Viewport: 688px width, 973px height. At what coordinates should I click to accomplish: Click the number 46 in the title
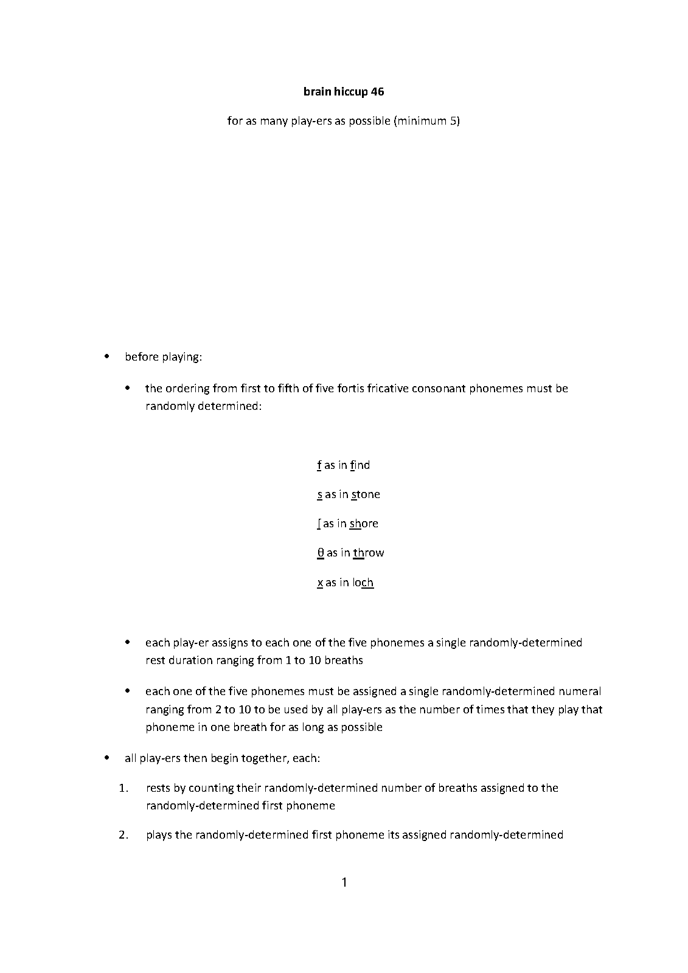377,92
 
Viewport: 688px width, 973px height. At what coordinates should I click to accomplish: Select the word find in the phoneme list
360,465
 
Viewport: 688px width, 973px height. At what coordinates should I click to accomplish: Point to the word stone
366,494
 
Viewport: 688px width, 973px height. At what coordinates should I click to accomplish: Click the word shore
364,524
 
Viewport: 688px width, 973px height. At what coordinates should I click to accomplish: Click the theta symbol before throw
321,553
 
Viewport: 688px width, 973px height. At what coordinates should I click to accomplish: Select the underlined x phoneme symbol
320,583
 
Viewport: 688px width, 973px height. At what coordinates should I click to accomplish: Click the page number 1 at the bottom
344,882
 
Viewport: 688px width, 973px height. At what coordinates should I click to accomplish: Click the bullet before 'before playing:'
107,356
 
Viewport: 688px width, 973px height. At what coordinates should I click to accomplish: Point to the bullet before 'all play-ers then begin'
107,758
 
